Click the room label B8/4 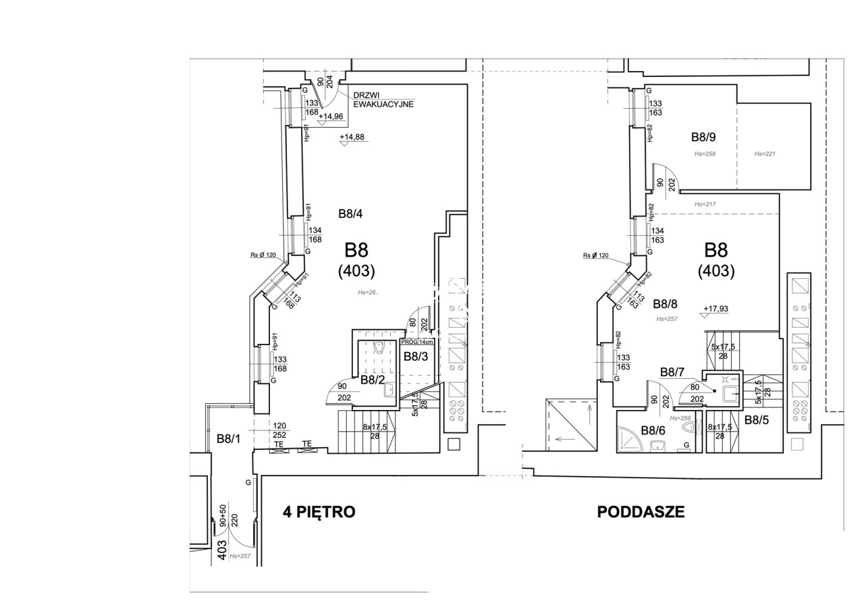350,214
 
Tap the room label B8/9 703,137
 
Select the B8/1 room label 229,439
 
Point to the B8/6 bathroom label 653,430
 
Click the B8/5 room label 757,419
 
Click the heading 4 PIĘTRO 319,512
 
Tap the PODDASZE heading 641,512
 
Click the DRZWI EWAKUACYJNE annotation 383,101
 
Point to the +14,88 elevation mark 352,137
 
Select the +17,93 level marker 715,309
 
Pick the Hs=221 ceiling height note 765,154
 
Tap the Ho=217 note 705,204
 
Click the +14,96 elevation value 331,116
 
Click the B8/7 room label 672,372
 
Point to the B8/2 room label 372,380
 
